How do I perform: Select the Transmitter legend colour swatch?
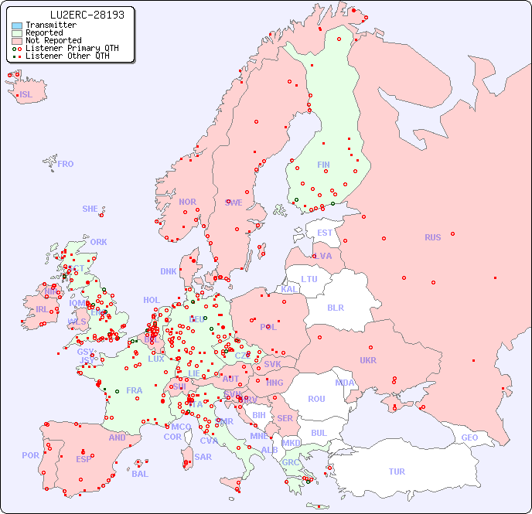point(17,25)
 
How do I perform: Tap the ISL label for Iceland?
point(26,95)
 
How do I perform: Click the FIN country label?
point(323,165)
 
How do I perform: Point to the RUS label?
point(432,237)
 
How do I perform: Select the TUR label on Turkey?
point(397,471)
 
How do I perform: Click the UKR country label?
point(368,360)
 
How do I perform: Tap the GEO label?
point(469,437)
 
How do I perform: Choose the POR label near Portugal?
point(30,455)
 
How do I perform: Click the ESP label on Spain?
point(84,458)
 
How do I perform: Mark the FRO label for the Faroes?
point(66,164)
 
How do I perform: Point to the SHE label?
point(90,209)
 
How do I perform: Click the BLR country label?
point(335,307)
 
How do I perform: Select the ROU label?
point(316,399)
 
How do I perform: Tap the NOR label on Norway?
point(187,202)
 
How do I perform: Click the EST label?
point(325,233)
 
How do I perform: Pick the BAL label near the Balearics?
point(139,474)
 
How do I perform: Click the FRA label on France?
point(135,390)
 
